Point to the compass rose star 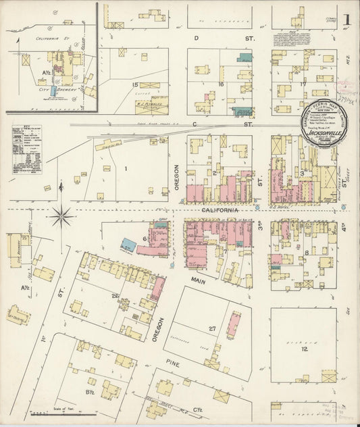coord(62,216)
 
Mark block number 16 coord(221,84)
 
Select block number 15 coord(135,84)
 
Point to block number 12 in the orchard coord(305,350)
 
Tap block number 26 coord(115,295)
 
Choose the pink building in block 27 coord(232,324)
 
